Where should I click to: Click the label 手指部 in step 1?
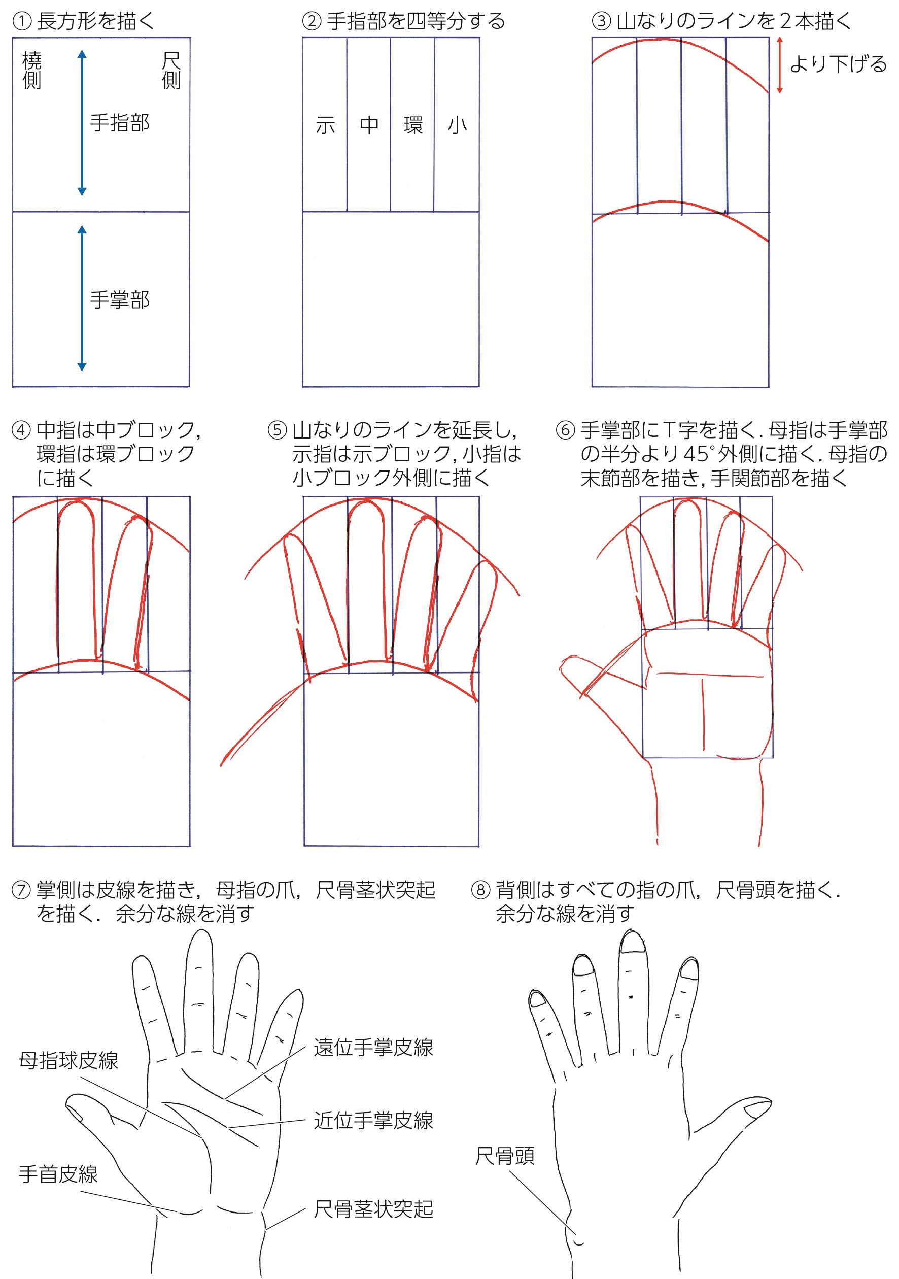point(120,122)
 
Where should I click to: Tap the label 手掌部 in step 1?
point(120,299)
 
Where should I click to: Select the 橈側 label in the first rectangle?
point(32,70)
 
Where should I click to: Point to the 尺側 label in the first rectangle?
point(171,70)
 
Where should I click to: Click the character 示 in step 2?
point(325,125)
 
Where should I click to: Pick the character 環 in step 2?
point(413,125)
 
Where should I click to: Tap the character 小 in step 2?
point(457,125)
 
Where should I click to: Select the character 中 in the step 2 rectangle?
point(369,125)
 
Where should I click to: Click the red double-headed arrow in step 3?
point(780,64)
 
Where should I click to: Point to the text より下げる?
point(838,64)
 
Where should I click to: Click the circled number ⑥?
point(565,430)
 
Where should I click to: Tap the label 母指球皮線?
point(68,1061)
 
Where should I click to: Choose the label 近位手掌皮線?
point(373,1120)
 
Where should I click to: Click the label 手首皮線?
point(58,1174)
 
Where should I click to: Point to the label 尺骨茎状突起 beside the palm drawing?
point(373,1209)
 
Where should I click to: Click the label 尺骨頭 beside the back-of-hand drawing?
point(505,1156)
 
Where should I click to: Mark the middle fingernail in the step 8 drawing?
point(633,942)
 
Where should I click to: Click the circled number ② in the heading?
point(312,21)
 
